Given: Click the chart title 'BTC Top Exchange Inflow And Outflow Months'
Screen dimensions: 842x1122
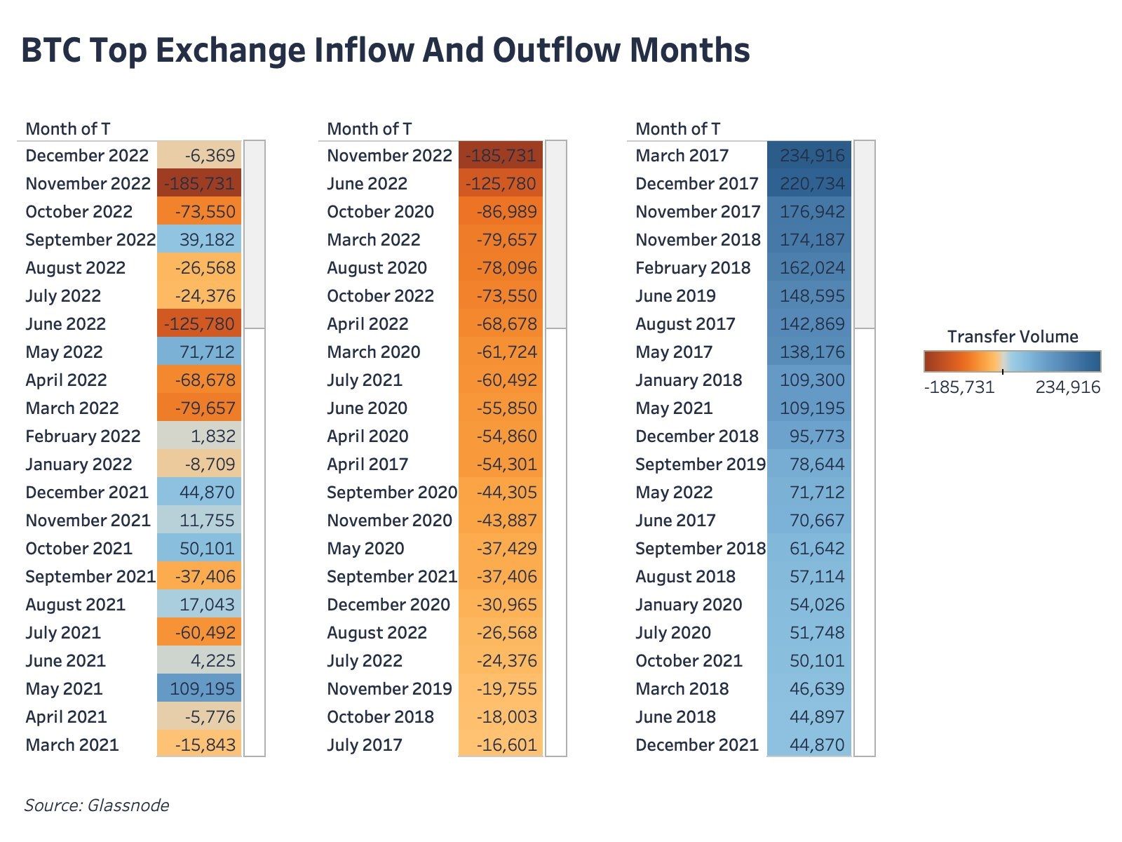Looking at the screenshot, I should (x=386, y=51).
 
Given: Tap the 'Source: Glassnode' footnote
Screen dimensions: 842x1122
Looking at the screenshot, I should (x=97, y=805).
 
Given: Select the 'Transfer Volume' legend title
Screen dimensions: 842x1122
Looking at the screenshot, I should (x=1013, y=337).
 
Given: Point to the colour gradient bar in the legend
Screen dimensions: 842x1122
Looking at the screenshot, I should (x=1013, y=361).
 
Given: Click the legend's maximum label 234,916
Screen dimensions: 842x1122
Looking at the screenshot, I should (x=1067, y=387).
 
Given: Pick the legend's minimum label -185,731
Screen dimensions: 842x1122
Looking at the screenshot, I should (x=959, y=387).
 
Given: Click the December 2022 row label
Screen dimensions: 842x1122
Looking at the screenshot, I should (x=87, y=156).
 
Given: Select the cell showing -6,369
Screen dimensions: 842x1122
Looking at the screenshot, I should (x=200, y=156).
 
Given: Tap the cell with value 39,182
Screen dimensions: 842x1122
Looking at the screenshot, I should (x=200, y=240).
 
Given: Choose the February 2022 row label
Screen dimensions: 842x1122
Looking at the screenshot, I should (x=83, y=436).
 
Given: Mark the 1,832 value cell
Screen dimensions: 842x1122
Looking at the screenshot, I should (x=200, y=436).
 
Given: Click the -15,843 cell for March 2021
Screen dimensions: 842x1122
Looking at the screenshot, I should (x=200, y=745).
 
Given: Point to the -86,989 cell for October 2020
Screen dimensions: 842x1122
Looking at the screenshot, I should (x=501, y=212).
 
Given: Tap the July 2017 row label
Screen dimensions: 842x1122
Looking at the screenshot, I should (x=365, y=745).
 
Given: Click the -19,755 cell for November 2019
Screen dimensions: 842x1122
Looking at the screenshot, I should (x=501, y=689).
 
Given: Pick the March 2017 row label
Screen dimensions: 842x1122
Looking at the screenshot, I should (x=682, y=156).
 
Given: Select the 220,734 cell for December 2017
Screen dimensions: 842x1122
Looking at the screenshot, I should (x=810, y=184).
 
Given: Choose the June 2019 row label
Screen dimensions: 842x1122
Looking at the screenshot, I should (x=675, y=296).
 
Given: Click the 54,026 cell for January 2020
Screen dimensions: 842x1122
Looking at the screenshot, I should (x=810, y=605).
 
